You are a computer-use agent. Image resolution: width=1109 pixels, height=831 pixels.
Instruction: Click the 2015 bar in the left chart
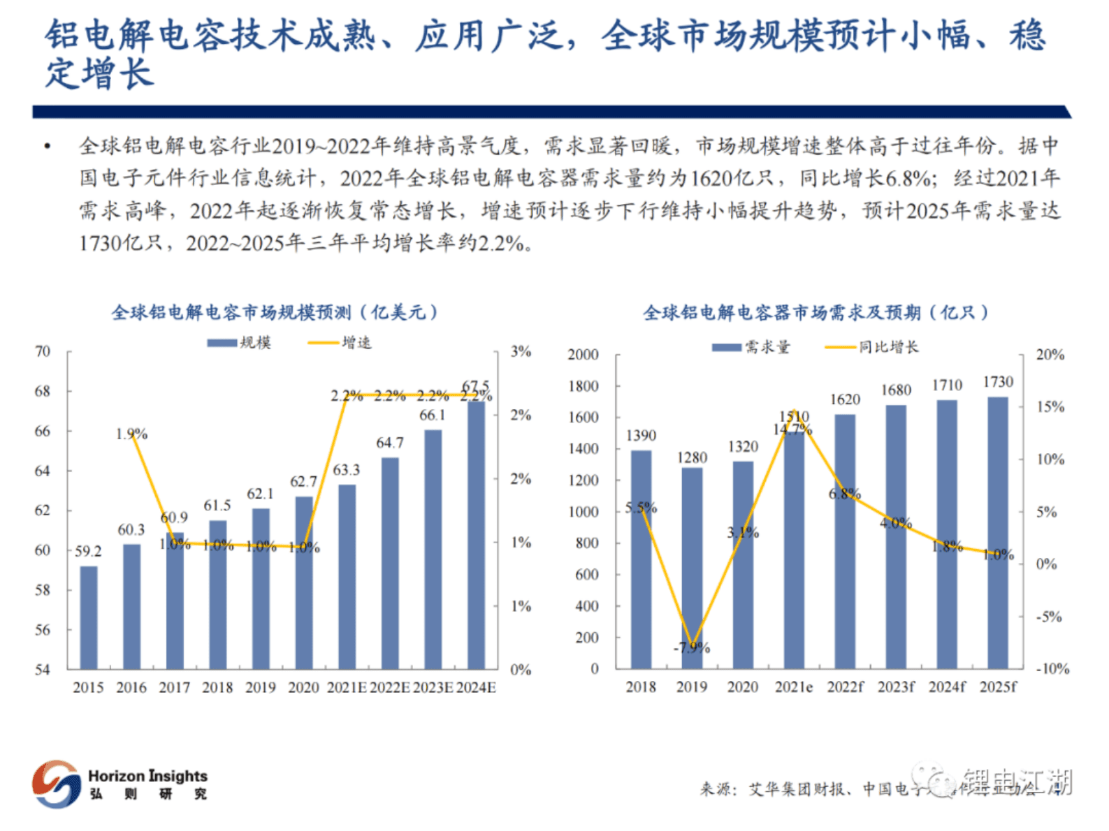click(x=89, y=617)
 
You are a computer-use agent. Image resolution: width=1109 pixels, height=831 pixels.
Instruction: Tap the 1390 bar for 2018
click(x=641, y=559)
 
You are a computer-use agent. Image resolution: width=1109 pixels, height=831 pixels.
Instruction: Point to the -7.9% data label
click(x=691, y=648)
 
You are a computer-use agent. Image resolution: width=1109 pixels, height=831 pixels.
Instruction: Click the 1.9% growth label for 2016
click(x=131, y=434)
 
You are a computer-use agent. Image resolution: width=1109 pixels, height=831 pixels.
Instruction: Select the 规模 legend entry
click(x=240, y=342)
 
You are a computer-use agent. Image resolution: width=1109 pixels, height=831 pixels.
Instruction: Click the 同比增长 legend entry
click(x=873, y=346)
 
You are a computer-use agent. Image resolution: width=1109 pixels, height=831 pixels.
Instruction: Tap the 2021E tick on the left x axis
click(x=347, y=687)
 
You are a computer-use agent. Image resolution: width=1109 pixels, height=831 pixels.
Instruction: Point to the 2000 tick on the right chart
click(x=583, y=355)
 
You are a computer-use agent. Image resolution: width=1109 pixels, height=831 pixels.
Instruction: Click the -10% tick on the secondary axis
click(x=1052, y=669)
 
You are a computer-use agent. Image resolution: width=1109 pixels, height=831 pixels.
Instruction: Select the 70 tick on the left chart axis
click(x=43, y=351)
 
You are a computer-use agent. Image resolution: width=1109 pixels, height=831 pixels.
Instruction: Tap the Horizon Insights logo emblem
click(x=56, y=784)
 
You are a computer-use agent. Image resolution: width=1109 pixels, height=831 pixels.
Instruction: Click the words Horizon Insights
click(x=147, y=776)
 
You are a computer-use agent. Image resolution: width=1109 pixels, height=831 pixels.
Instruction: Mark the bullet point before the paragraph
click(x=48, y=147)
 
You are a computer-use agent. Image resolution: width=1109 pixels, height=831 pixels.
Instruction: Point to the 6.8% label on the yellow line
click(x=844, y=494)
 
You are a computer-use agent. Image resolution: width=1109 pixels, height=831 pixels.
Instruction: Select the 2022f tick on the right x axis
click(x=845, y=687)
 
